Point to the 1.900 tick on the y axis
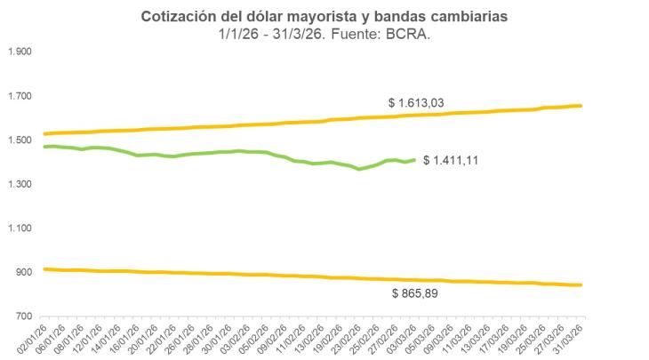pyautogui.click(x=19, y=52)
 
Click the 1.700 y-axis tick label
pyautogui.click(x=19, y=96)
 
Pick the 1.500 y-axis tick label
pyautogui.click(x=19, y=140)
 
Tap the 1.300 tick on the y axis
pyautogui.click(x=19, y=184)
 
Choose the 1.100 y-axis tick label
pyautogui.click(x=19, y=228)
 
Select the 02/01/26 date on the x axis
pyautogui.click(x=33, y=340)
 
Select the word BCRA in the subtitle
pyautogui.click(x=414, y=35)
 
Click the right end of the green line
pyautogui.click(x=414, y=160)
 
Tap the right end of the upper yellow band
pyautogui.click(x=581, y=106)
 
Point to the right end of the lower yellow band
pyautogui.click(x=581, y=285)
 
